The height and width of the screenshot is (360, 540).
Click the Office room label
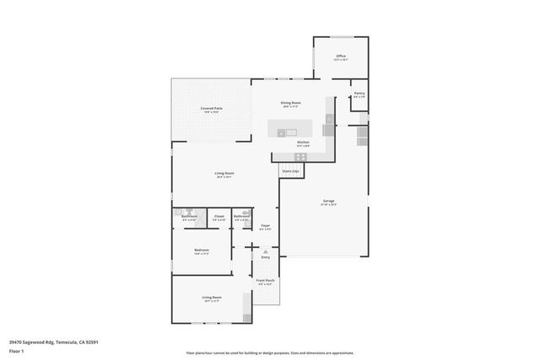tap(341, 56)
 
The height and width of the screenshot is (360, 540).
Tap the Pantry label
tap(359, 94)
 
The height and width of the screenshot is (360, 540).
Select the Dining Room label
tap(291, 103)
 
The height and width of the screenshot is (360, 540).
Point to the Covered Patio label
tap(211, 109)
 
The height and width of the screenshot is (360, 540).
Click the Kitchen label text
tap(302, 142)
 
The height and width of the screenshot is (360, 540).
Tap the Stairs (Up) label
tap(290, 170)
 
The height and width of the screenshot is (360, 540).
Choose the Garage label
tap(329, 201)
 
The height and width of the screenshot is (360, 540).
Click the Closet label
tap(219, 217)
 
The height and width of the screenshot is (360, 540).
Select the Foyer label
tap(265, 225)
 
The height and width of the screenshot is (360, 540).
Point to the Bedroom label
tap(202, 250)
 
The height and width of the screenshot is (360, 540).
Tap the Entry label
tap(266, 256)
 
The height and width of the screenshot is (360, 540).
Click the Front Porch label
tap(266, 280)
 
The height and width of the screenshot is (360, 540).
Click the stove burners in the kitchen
tap(300, 157)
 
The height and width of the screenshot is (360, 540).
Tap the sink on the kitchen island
tap(291, 132)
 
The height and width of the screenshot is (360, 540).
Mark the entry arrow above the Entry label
tap(266, 250)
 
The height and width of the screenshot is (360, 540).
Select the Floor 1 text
tap(17, 351)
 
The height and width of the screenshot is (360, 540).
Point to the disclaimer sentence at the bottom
tap(270, 353)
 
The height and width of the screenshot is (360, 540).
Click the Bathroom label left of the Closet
tap(189, 217)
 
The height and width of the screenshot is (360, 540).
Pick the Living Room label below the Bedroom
tap(211, 298)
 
